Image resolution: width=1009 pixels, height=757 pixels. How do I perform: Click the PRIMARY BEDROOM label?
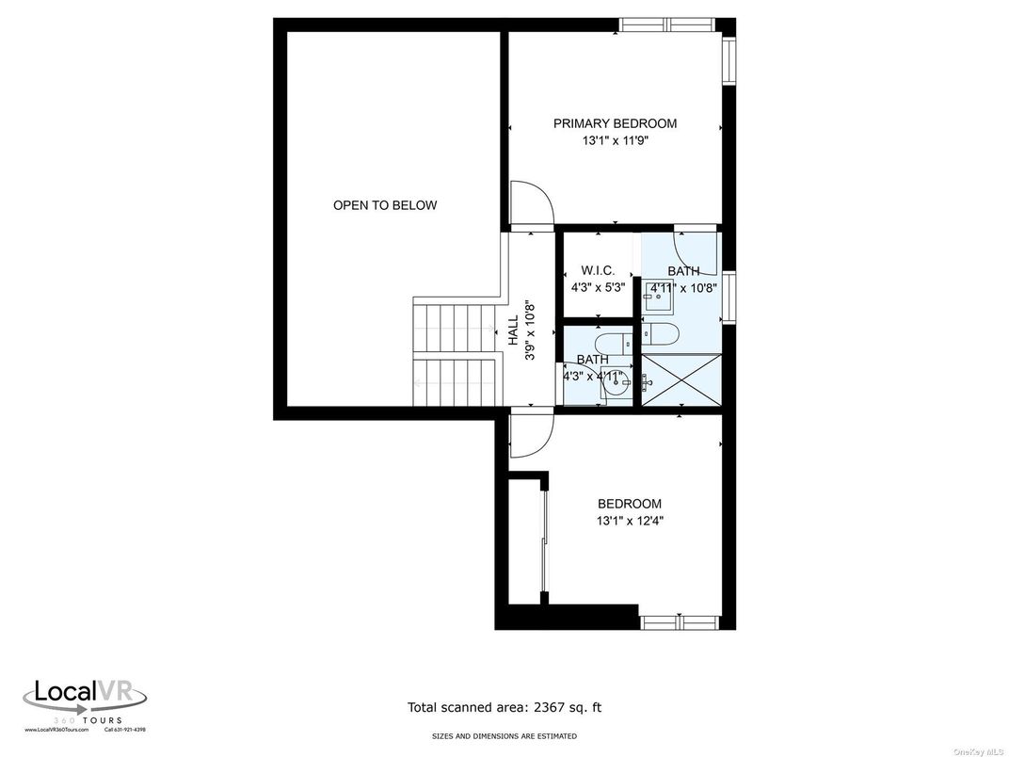click(x=615, y=123)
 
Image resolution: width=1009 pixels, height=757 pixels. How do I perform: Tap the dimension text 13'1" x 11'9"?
click(x=615, y=141)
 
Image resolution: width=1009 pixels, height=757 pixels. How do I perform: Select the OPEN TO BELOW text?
click(x=385, y=205)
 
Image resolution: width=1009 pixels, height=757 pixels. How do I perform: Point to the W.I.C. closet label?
click(x=598, y=270)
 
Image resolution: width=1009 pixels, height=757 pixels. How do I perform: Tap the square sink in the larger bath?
click(x=657, y=299)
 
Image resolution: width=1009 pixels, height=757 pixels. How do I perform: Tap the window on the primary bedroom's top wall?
click(x=666, y=24)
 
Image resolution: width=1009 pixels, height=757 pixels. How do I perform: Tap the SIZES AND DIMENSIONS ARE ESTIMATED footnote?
click(x=504, y=736)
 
